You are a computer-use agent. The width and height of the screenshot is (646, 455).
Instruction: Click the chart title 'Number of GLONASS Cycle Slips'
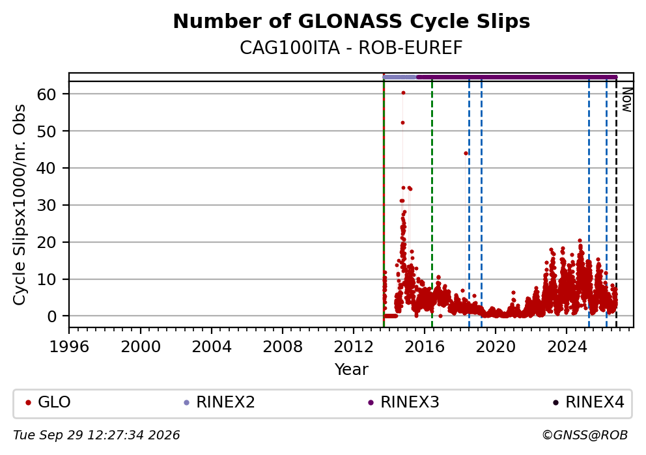coord(352,21)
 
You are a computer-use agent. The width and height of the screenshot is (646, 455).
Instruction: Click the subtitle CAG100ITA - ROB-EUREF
coord(352,48)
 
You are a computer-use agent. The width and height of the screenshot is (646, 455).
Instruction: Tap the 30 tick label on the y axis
coord(46,205)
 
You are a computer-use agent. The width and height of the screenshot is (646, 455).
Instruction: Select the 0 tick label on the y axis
coord(51,316)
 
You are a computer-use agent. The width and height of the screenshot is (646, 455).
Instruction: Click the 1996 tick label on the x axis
coord(69,347)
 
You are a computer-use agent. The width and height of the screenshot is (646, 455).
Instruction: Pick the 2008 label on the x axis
coord(283,347)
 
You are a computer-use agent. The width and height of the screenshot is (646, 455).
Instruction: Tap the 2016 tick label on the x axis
coord(425,347)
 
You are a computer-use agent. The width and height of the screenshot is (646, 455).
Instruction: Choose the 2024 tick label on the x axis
coord(567,347)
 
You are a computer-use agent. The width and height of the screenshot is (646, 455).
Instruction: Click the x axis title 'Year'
coord(352,369)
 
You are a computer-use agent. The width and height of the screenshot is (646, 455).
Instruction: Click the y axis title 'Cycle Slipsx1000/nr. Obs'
coord(19,204)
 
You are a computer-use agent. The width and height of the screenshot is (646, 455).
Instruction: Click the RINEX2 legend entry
coord(219,402)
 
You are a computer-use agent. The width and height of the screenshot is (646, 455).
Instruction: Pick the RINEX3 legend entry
coord(404,402)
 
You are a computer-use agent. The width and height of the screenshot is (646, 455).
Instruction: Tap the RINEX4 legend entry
coord(589,402)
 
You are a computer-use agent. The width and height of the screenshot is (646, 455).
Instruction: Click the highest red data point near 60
coord(403,93)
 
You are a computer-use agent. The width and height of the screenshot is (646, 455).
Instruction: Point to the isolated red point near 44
coord(466,153)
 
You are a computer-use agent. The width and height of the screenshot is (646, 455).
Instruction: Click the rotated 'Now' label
coord(626,100)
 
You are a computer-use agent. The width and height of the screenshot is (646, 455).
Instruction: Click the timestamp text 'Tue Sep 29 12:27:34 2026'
coord(96,435)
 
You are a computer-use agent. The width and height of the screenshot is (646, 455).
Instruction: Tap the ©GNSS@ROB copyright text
coord(585,435)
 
